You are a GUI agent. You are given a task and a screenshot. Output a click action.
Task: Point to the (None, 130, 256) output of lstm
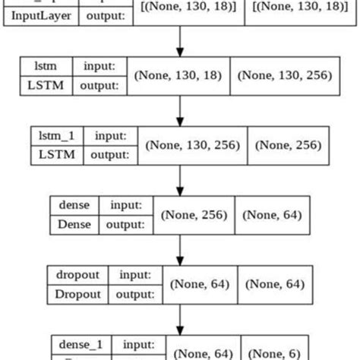(x=284, y=76)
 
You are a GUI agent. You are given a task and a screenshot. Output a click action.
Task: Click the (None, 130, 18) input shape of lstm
(x=178, y=76)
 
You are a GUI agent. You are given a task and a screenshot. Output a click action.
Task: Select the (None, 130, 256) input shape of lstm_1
(x=194, y=144)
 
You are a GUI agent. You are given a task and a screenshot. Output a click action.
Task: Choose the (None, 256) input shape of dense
(x=193, y=214)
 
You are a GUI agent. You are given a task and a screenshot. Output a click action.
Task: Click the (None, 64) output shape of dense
(x=272, y=214)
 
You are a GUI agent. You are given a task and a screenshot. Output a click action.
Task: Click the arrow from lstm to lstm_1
(x=179, y=110)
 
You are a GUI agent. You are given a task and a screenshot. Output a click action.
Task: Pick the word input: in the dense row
(x=126, y=205)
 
